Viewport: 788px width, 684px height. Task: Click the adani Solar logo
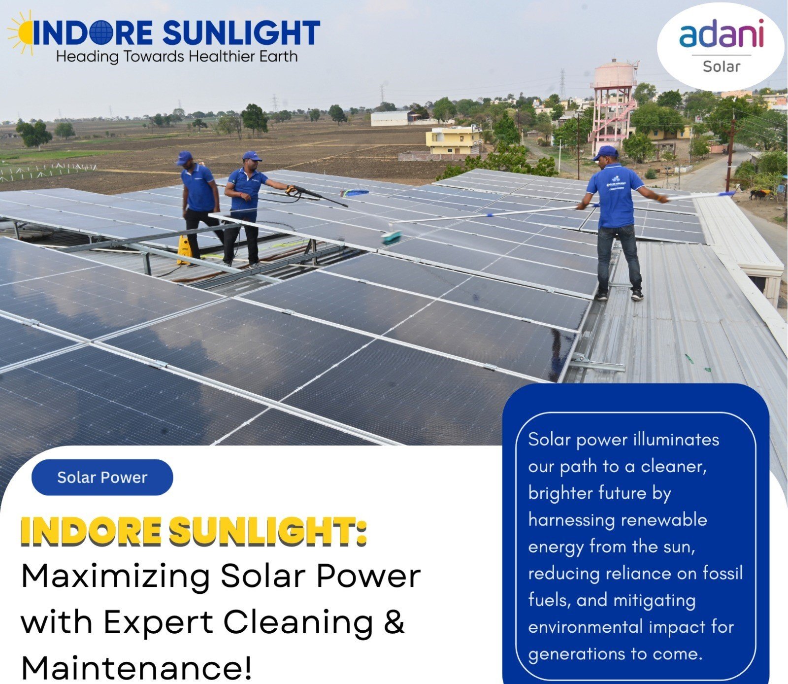pyautogui.click(x=721, y=46)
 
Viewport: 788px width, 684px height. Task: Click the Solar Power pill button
pyautogui.click(x=102, y=477)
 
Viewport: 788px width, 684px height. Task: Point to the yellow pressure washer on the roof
pyautogui.click(x=184, y=250)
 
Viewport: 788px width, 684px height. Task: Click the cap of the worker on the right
pyautogui.click(x=605, y=152)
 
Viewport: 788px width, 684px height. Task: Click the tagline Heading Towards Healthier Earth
pyautogui.click(x=177, y=57)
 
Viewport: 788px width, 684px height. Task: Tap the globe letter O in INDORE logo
pyautogui.click(x=103, y=33)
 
